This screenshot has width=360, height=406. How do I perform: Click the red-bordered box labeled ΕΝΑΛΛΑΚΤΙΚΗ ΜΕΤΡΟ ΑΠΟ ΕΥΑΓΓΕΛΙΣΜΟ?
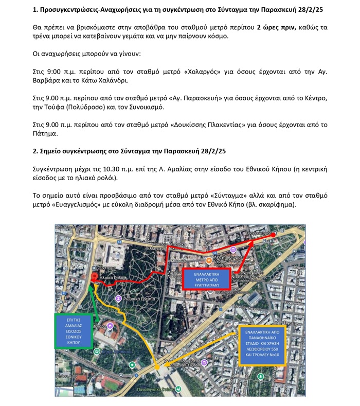pos(203,278)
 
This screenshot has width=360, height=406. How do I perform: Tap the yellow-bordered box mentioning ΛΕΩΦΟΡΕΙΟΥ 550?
pos(260,345)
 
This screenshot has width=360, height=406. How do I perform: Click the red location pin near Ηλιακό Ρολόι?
pos(94,277)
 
